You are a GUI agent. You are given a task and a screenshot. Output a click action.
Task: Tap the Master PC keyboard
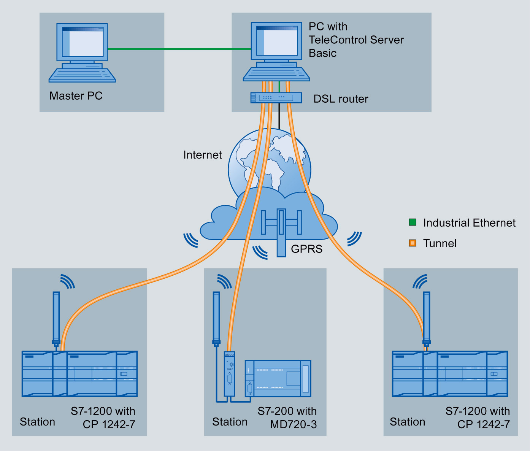click(x=82, y=76)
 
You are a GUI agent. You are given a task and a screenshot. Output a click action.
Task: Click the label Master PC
click(x=76, y=96)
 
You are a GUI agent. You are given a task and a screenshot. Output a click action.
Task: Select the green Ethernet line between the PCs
click(x=179, y=49)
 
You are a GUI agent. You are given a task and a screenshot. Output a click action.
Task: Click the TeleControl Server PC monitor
click(x=277, y=41)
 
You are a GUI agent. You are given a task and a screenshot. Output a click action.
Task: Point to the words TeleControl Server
click(x=356, y=40)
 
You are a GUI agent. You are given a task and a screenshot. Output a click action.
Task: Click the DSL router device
click(x=276, y=98)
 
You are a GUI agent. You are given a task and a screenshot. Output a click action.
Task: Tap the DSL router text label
click(x=341, y=99)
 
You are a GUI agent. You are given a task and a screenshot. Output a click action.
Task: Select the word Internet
click(x=202, y=155)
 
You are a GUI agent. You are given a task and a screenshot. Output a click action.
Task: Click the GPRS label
click(x=306, y=249)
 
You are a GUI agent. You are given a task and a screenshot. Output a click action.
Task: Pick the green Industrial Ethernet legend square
click(x=413, y=222)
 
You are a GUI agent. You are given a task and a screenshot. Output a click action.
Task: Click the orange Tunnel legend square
click(x=413, y=243)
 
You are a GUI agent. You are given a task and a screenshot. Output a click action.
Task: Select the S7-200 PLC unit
click(x=278, y=378)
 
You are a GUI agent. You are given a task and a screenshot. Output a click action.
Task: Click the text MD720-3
click(x=293, y=424)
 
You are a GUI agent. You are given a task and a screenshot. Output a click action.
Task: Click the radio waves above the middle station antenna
click(x=225, y=281)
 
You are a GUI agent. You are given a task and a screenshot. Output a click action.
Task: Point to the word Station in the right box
click(x=407, y=422)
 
